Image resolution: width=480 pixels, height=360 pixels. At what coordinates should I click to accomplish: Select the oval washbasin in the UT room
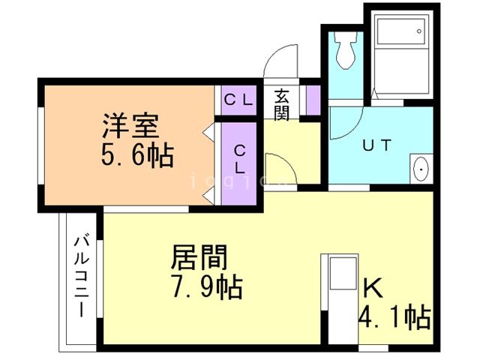[x=421, y=170]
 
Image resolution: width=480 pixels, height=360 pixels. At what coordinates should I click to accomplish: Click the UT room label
[x=377, y=145]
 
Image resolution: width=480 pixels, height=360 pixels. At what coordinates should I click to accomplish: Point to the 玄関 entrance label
[x=281, y=105]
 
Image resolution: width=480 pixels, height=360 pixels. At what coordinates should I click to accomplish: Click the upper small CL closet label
[x=238, y=97]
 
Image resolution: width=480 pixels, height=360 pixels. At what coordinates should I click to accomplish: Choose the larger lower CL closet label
[x=239, y=159]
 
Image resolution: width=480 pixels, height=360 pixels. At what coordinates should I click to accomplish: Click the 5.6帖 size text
[x=137, y=157]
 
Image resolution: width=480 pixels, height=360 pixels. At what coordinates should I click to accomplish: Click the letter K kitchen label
[x=372, y=287]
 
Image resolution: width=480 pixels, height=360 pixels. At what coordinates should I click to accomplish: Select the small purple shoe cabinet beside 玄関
[x=313, y=97]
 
